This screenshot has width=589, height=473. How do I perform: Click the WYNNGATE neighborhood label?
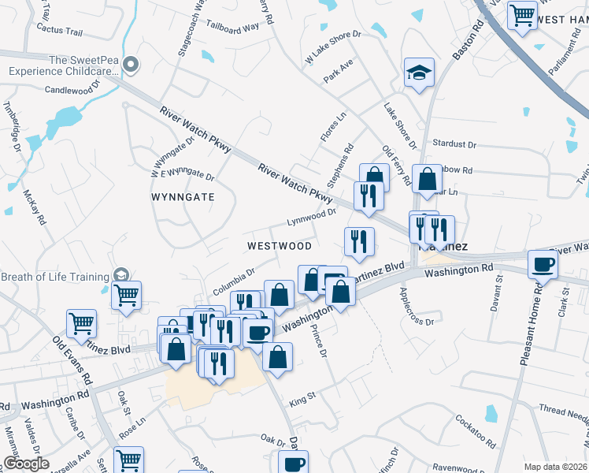[183, 197]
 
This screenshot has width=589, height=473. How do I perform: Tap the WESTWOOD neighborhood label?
[279, 246]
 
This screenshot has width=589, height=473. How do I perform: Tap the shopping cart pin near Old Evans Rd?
[81, 322]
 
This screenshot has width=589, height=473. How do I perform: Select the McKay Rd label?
[36, 206]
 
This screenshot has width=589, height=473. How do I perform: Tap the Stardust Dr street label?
[455, 145]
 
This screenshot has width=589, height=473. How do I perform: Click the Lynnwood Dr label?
[311, 214]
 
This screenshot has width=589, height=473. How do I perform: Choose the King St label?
[302, 401]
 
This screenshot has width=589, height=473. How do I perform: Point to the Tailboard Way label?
[232, 27]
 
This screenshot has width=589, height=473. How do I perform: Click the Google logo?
[27, 464]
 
